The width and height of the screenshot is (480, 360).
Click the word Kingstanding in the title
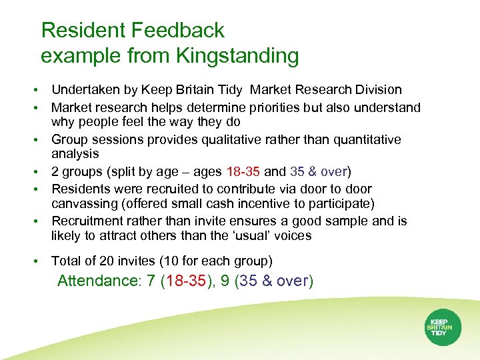coord(237,56)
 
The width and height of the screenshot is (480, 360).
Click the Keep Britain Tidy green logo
coord(439,327)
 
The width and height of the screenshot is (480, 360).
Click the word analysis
coord(75,153)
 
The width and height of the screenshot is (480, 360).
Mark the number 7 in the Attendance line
coord(151,281)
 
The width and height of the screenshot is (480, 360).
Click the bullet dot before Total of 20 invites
coord(42,261)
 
